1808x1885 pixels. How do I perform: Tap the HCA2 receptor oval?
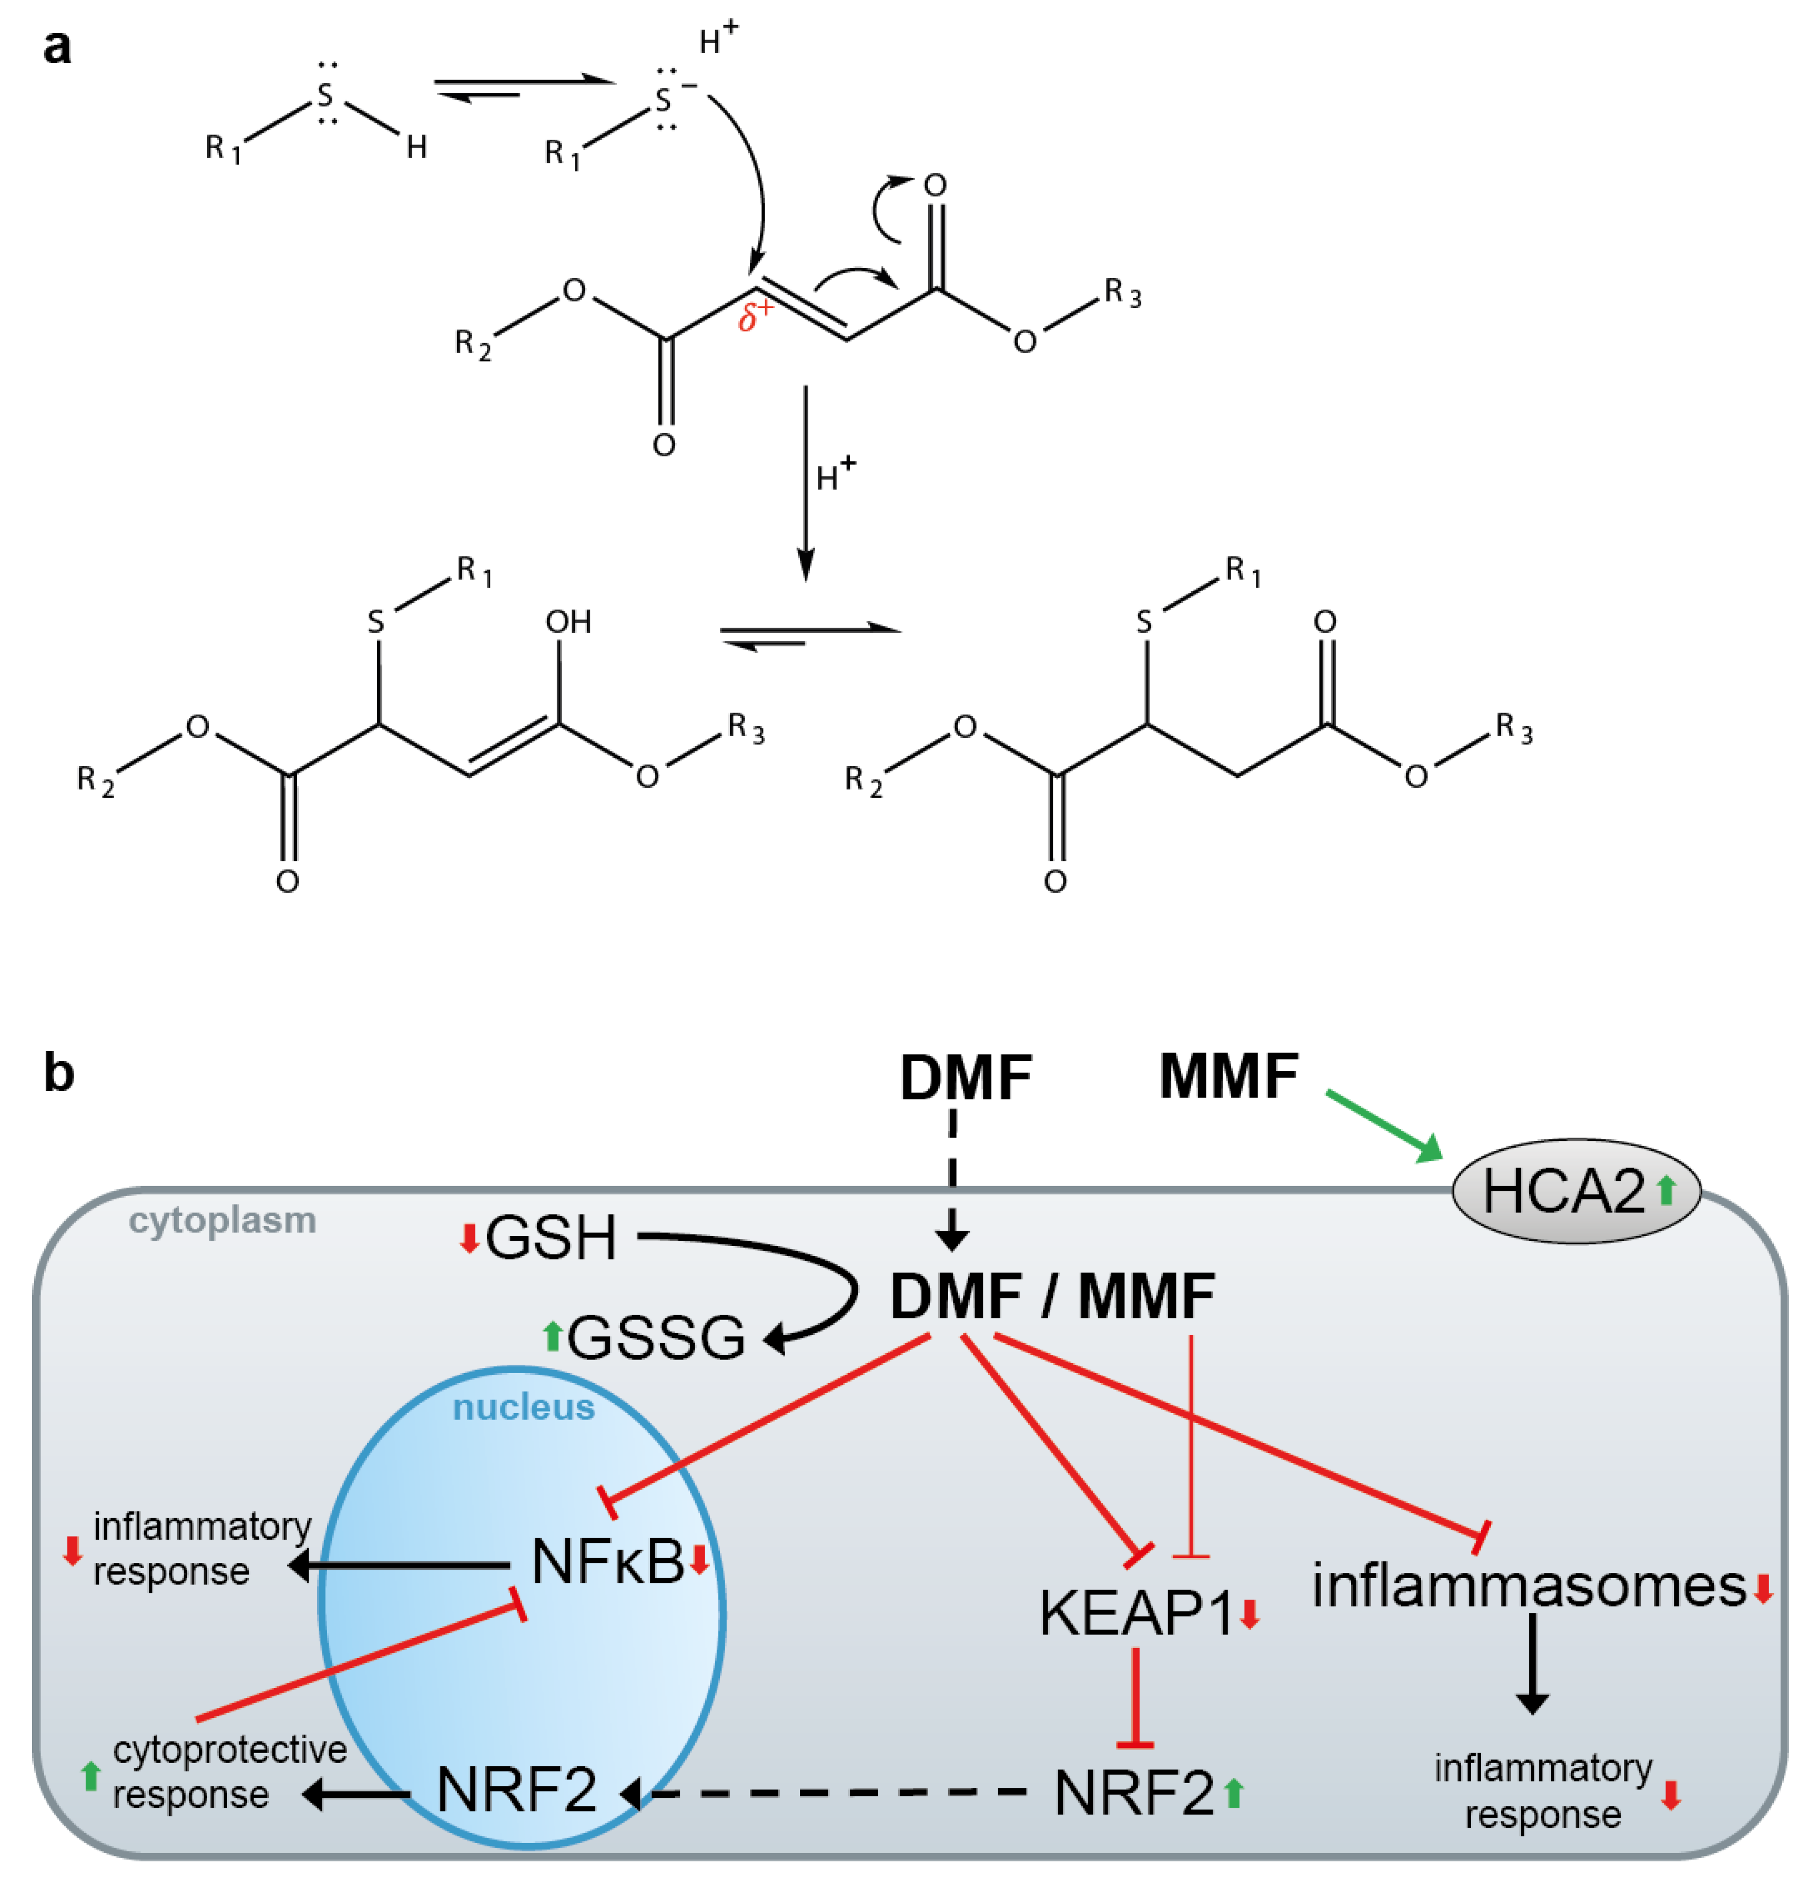coord(1575,1191)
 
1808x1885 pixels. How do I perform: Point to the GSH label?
coord(551,1238)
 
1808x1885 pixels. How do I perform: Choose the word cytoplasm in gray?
coord(222,1220)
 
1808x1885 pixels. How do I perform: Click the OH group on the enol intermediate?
coord(568,622)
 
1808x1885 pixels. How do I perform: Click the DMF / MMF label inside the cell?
coord(1052,1296)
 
